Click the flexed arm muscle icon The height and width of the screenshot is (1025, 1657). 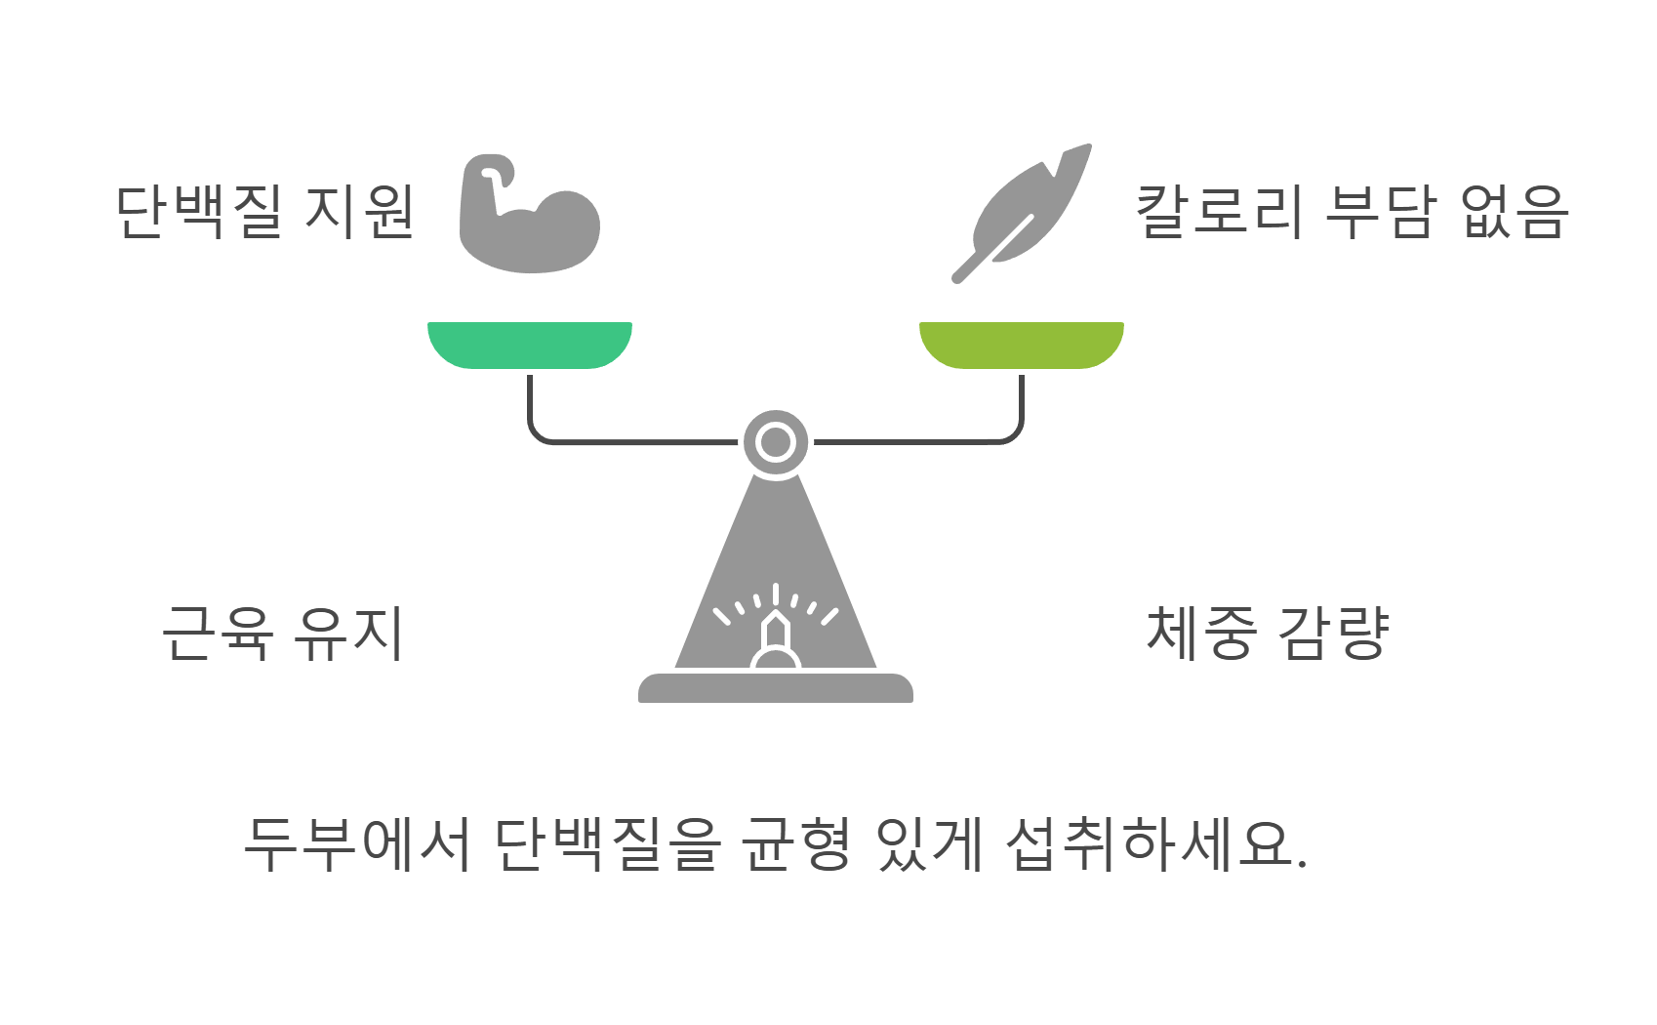529,214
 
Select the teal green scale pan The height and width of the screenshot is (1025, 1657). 530,344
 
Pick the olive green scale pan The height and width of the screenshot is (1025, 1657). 1022,344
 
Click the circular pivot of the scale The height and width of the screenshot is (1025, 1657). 776,442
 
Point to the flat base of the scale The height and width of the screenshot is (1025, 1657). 776,688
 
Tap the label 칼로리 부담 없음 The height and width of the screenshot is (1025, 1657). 1352,212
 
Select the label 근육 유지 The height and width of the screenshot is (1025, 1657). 282,634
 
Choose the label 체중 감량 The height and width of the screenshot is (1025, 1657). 1268,634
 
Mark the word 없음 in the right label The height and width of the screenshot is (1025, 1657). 1514,212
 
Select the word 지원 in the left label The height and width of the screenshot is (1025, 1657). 359,212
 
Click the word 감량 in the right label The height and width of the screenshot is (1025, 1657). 1333,634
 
